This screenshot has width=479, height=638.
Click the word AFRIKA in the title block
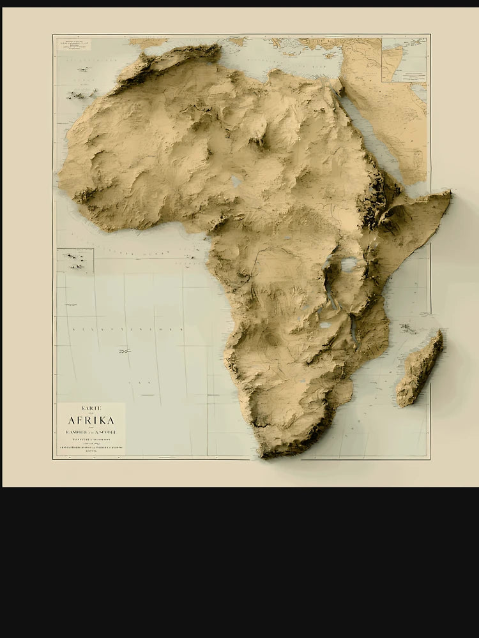[x=91, y=420]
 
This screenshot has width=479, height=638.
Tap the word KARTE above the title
[x=91, y=408]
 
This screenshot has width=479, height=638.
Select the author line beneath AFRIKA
[x=91, y=431]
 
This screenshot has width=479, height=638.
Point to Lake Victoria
[x=349, y=264]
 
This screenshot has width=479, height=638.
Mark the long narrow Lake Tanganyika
[x=330, y=294]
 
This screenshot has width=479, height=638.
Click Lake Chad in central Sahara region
[x=236, y=182]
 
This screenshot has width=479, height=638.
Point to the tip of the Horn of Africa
[x=449, y=195]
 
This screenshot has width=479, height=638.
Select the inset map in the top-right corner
[x=404, y=59]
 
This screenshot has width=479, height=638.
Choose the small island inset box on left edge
[x=75, y=261]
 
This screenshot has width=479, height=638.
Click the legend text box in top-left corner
[x=74, y=45]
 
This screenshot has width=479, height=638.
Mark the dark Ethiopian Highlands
[x=374, y=204]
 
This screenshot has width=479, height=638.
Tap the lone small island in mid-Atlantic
[x=125, y=351]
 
